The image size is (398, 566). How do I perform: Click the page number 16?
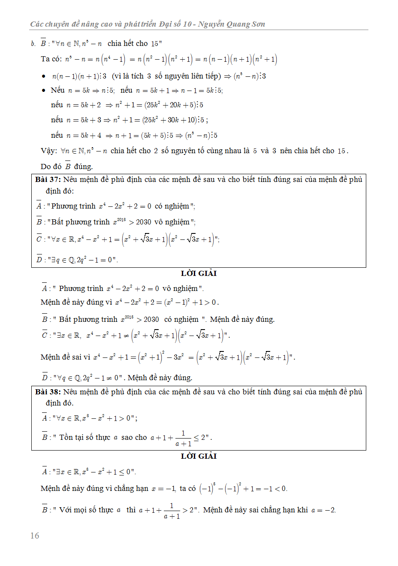pyautogui.click(x=35, y=536)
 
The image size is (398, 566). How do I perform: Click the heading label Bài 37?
pyautogui.click(x=48, y=179)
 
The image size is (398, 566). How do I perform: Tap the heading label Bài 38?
pyautogui.click(x=48, y=392)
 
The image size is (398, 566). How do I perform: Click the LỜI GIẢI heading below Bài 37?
pyautogui.click(x=199, y=273)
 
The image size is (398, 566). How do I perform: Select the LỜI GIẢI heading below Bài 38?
pyautogui.click(x=199, y=456)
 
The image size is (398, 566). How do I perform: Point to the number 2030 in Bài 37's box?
pyautogui.click(x=144, y=222)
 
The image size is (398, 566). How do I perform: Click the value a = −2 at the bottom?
pyautogui.click(x=323, y=510)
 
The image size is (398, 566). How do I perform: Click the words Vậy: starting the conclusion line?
pyautogui.click(x=49, y=151)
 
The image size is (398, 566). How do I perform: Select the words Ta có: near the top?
pyautogui.click(x=51, y=59)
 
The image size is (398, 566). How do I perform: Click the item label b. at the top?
pyautogui.click(x=33, y=44)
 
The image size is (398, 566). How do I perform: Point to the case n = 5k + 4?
pyautogui.click(x=84, y=136)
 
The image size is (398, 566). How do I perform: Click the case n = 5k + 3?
pyautogui.click(x=84, y=120)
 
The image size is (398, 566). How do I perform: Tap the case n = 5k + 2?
pyautogui.click(x=84, y=105)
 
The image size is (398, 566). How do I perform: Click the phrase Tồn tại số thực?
pyautogui.click(x=85, y=437)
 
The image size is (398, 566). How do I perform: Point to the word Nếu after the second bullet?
pyautogui.click(x=57, y=90)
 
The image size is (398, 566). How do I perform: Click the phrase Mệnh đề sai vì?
pyautogui.click(x=66, y=357)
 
